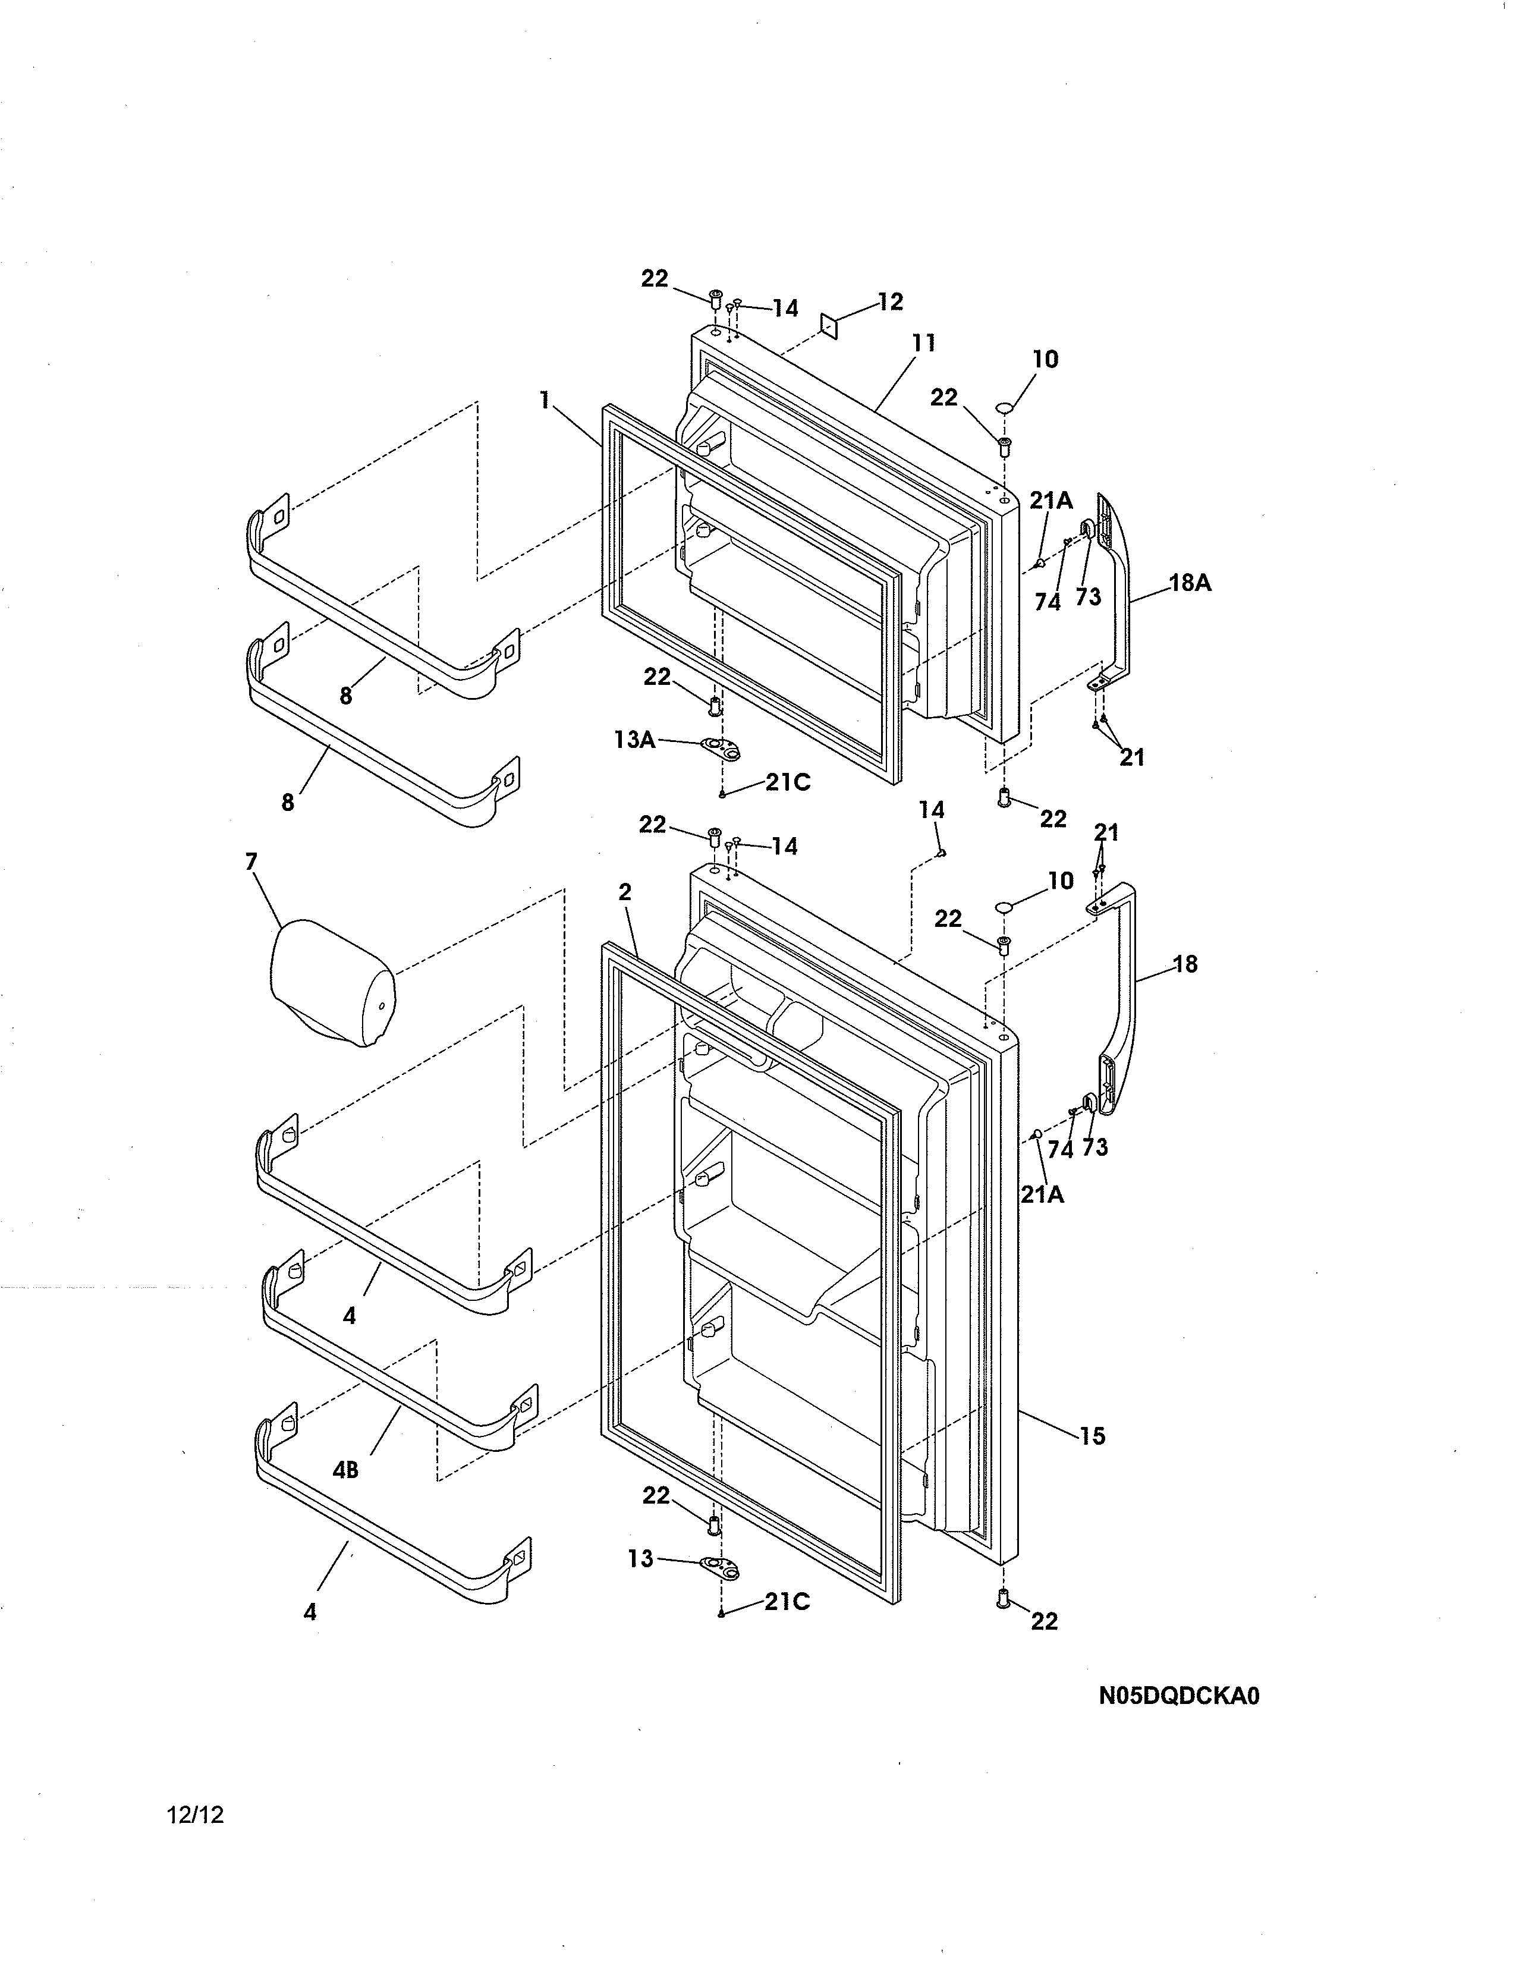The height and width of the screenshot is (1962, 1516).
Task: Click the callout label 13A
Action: [x=634, y=740]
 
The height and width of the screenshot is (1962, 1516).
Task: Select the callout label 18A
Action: [x=1190, y=583]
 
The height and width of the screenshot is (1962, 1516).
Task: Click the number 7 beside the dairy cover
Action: [x=251, y=863]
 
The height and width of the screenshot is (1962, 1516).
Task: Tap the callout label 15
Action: [x=1092, y=1436]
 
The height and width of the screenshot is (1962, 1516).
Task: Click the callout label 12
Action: [x=889, y=302]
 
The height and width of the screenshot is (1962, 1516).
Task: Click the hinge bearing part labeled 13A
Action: [x=723, y=749]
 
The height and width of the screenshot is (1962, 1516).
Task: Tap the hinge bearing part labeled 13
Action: [x=723, y=1568]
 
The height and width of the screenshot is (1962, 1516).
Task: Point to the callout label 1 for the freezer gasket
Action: [x=544, y=400]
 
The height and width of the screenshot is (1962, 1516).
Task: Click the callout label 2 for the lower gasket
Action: [x=625, y=892]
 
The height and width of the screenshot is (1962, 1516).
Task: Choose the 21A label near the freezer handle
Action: [x=1050, y=501]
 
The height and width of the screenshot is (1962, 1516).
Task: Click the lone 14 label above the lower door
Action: [x=932, y=810]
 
